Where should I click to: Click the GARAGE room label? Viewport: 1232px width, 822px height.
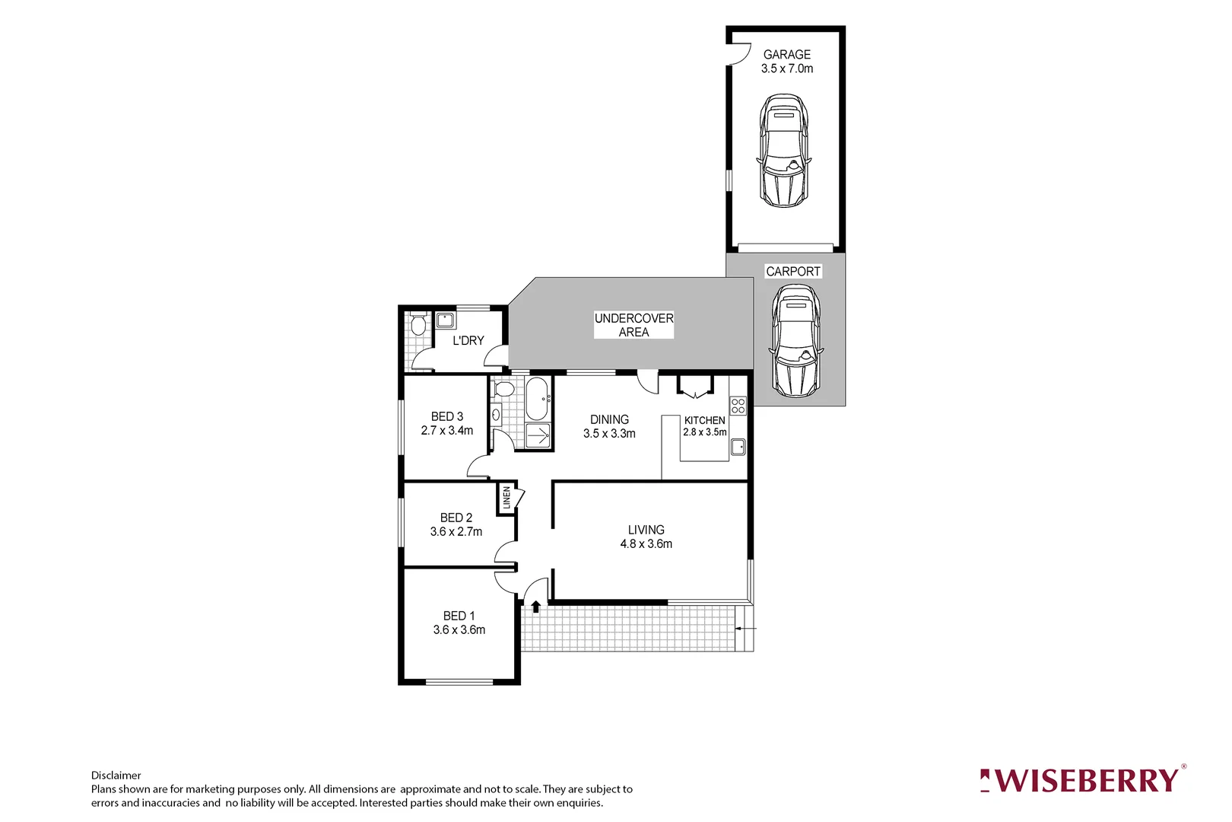786,55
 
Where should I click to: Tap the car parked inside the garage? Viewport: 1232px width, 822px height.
783,151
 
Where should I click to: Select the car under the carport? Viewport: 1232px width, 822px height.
795,341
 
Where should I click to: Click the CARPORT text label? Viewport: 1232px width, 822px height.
792,272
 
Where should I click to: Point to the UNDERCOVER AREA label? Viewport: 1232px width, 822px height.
633,325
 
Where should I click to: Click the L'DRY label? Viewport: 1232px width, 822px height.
468,341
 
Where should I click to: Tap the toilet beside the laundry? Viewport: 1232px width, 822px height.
418,326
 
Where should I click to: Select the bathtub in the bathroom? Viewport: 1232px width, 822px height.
537,398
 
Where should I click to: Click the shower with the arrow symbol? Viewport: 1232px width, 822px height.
538,436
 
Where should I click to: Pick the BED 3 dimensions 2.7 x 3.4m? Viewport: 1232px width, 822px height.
447,431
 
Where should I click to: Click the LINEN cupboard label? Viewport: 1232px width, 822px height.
506,498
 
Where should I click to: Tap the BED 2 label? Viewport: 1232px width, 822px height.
456,518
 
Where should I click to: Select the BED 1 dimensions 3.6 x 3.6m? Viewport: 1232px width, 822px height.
459,630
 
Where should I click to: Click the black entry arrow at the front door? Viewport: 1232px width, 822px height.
535,607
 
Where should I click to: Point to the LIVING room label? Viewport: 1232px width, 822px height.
646,530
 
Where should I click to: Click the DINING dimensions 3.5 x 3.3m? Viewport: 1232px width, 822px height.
609,434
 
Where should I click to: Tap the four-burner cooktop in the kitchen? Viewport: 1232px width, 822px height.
738,406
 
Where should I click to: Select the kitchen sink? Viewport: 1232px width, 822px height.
738,448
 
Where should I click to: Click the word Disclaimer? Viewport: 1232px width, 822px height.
116,776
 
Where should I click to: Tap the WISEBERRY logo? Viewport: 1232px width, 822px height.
1081,781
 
